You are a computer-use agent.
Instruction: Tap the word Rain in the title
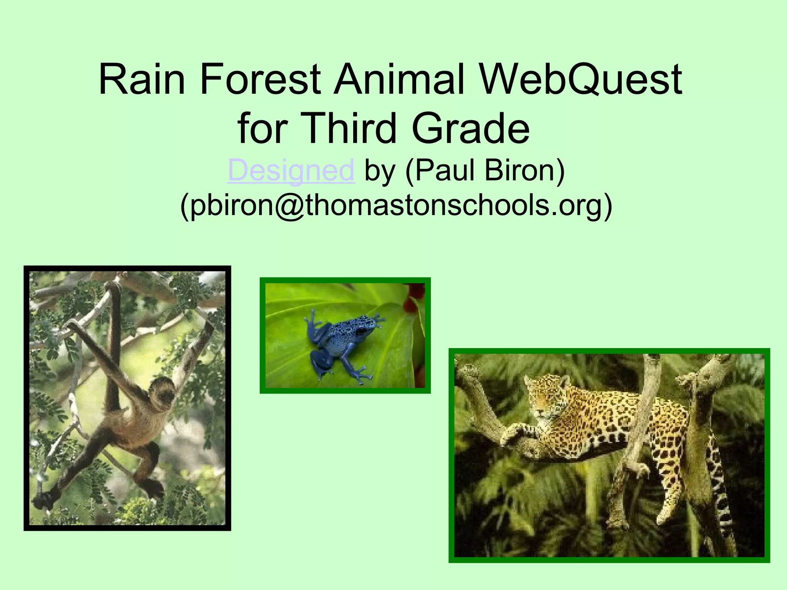click(x=142, y=80)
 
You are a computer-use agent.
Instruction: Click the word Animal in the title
click(x=400, y=80)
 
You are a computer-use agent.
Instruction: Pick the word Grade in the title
click(x=471, y=128)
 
